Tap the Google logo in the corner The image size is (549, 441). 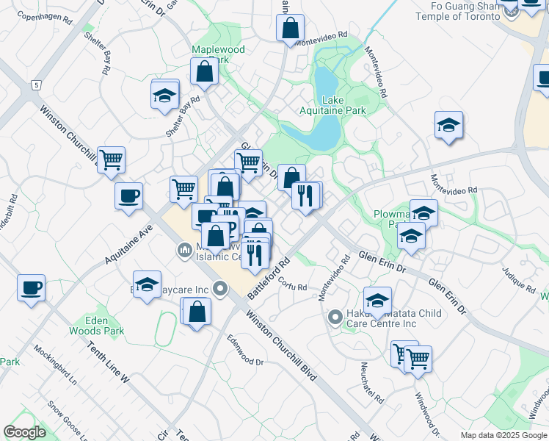pyautogui.click(x=24, y=432)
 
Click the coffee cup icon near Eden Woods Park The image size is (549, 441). pyautogui.click(x=32, y=287)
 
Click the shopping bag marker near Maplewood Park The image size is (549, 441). pyautogui.click(x=205, y=71)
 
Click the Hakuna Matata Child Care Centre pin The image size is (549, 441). pyautogui.click(x=335, y=318)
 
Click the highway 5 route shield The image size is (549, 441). pyautogui.click(x=35, y=86)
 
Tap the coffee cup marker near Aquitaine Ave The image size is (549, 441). pyautogui.click(x=128, y=196)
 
